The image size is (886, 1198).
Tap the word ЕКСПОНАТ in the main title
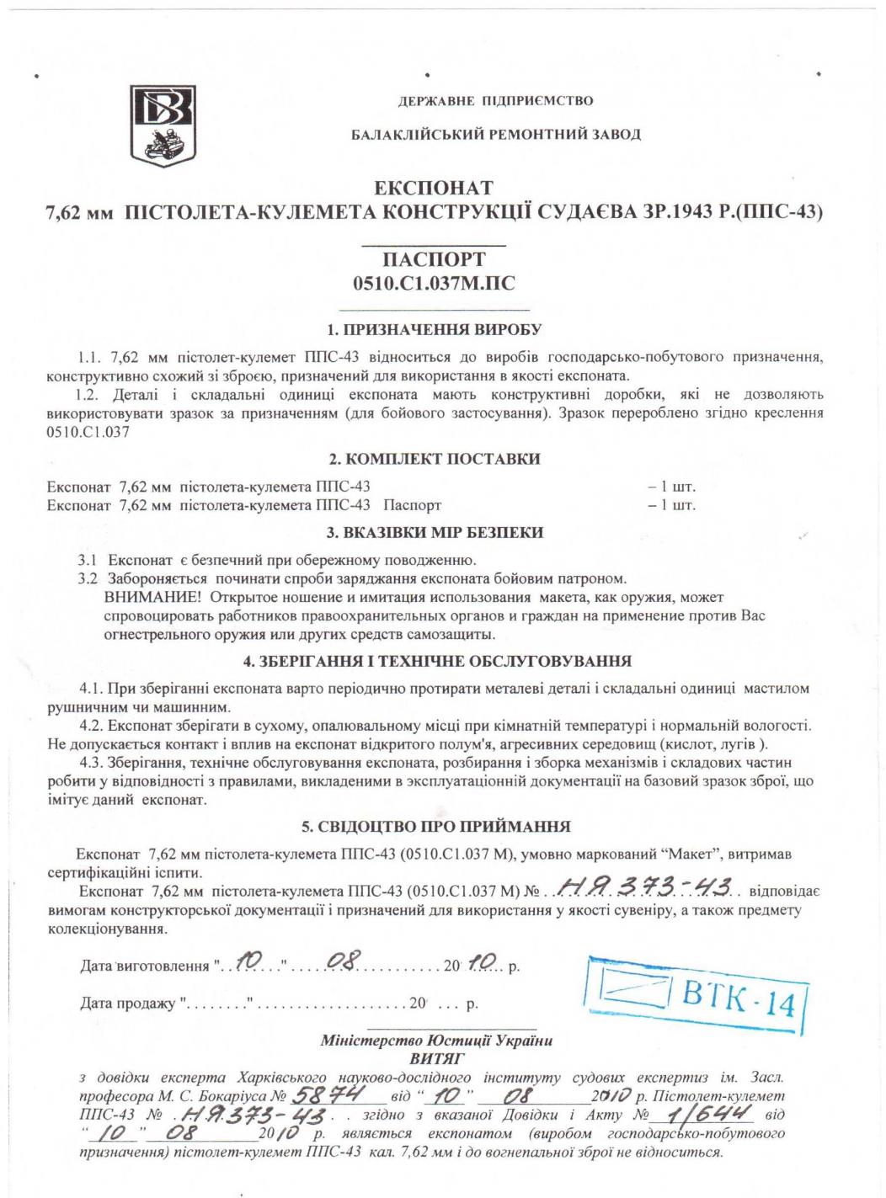tap(434, 188)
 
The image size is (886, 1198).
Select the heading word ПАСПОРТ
tap(433, 259)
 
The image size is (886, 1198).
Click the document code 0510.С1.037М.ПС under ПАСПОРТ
tap(433, 284)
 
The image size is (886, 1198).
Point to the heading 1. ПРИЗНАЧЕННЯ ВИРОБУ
tap(434, 329)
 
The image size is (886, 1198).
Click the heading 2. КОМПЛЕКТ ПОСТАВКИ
tap(434, 459)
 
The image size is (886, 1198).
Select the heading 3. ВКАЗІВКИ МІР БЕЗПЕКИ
tap(434, 532)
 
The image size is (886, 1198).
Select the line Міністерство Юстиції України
tap(436, 1041)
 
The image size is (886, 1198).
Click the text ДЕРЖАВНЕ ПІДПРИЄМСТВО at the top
tap(495, 101)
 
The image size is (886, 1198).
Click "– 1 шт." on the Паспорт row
tap(671, 505)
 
